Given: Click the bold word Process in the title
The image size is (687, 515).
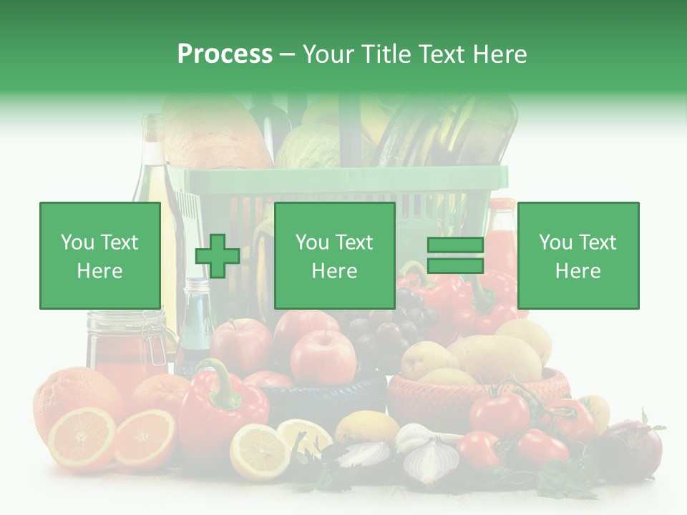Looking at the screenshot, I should [x=225, y=54].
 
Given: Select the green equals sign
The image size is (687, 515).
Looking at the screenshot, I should [x=455, y=255].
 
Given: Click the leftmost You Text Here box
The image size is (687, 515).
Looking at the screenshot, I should [x=99, y=255].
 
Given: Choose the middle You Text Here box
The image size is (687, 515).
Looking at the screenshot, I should [x=334, y=255].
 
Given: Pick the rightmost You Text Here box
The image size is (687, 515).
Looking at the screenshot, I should [x=578, y=255].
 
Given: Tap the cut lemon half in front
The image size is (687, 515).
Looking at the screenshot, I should [x=259, y=451].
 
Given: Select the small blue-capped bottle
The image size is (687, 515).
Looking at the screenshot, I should [x=195, y=322].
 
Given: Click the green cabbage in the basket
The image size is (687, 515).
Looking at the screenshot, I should [x=311, y=147].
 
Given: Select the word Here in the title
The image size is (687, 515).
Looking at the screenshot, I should [x=499, y=54].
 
